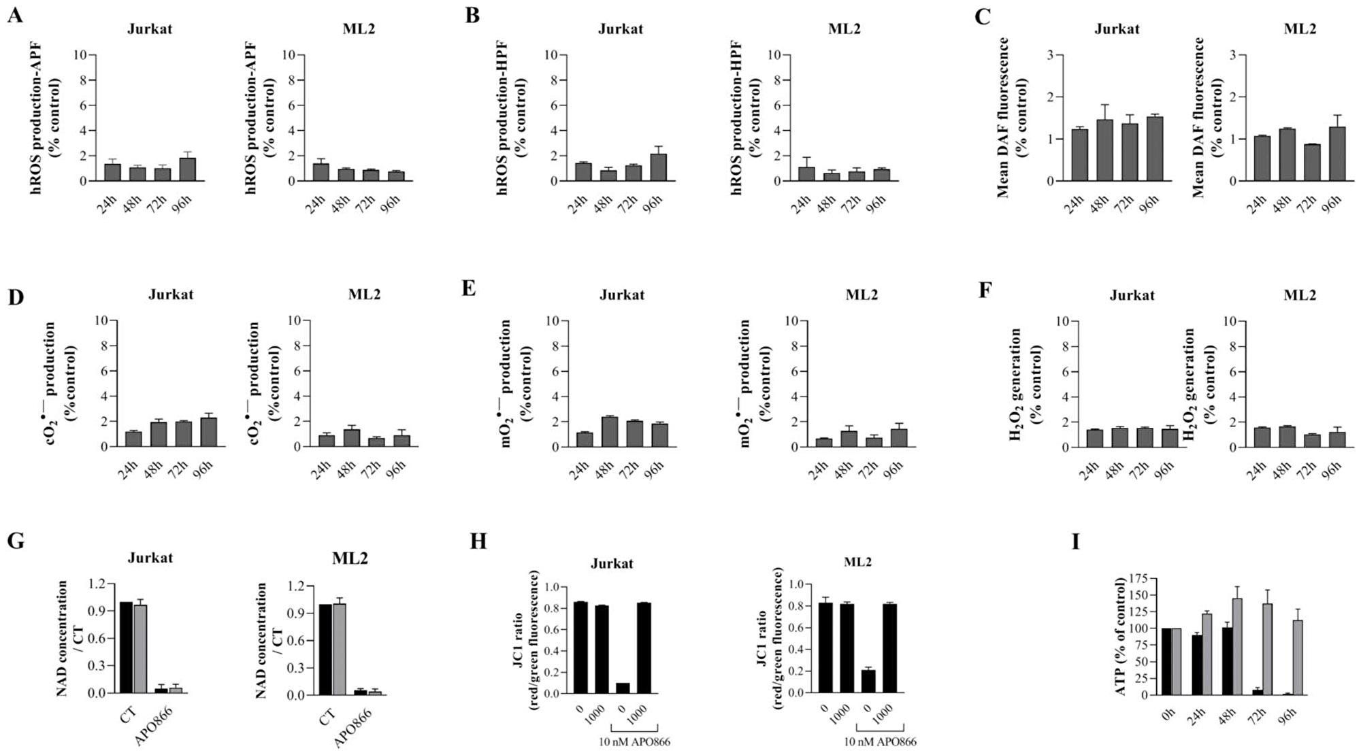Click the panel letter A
(14, 16)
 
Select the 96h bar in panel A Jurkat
(187, 170)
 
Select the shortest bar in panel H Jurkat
(622, 688)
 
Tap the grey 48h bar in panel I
(1249, 647)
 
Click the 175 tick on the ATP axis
(1133, 579)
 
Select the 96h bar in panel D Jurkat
(208, 433)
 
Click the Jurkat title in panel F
(1132, 295)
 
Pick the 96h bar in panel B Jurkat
(657, 167)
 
